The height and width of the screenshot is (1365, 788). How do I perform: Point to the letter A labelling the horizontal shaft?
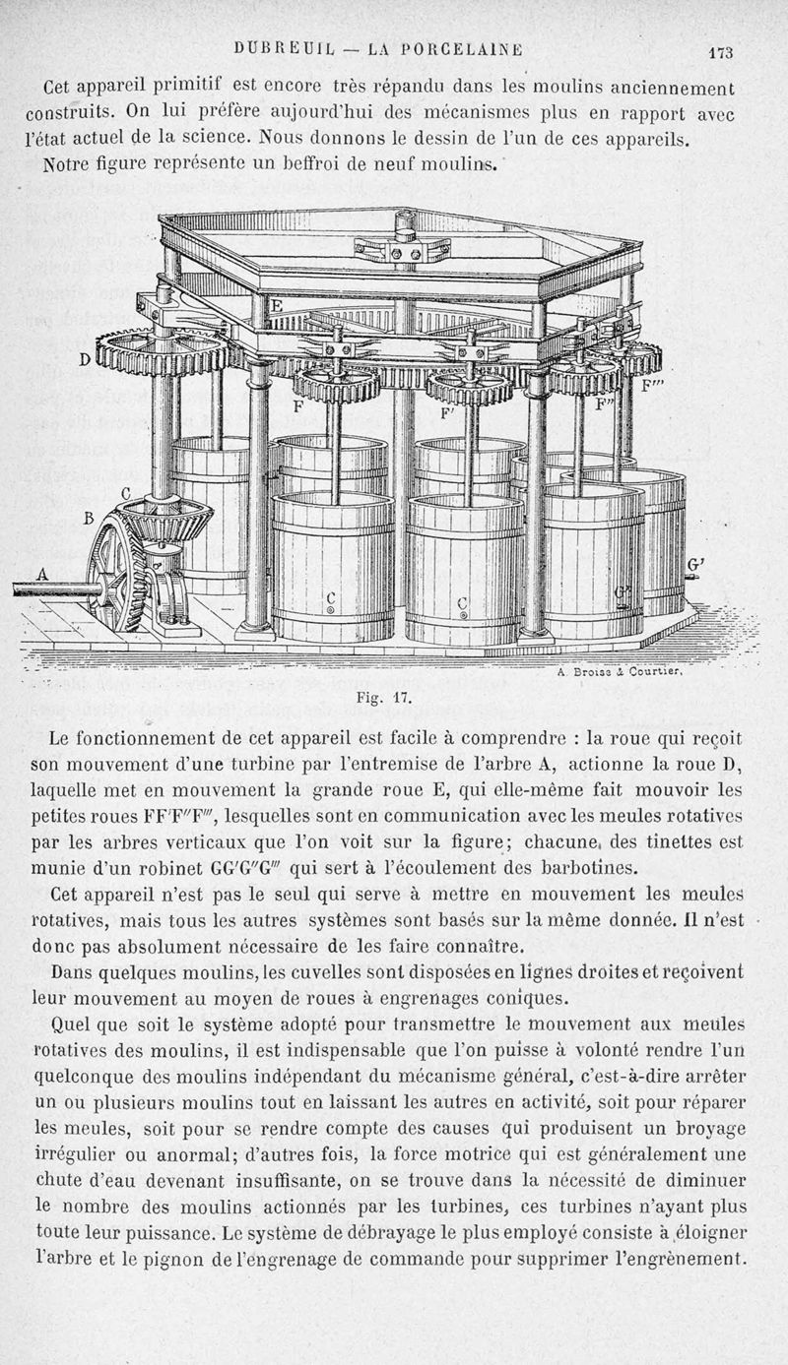tap(41, 573)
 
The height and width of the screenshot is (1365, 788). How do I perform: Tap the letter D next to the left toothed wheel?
tap(86, 360)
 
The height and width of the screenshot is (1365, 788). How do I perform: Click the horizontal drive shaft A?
tap(54, 589)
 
